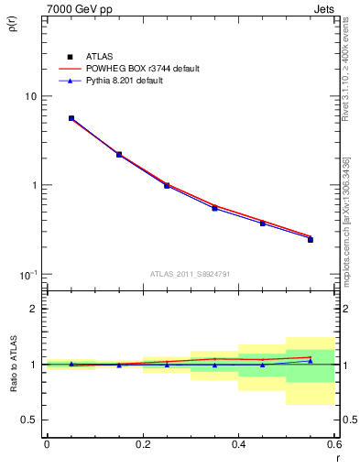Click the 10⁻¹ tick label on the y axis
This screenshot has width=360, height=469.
coord(28,274)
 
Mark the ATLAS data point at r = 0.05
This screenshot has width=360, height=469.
coord(71,118)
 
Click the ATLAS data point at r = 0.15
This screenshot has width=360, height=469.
coord(119,155)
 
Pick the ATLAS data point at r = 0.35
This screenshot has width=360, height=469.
coord(214,208)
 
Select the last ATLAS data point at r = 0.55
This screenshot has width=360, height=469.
coord(311,239)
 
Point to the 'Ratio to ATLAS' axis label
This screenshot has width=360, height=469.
coord(12,365)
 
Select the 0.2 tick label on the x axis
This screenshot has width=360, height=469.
coord(142,443)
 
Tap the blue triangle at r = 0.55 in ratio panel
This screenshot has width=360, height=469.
coord(311,361)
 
